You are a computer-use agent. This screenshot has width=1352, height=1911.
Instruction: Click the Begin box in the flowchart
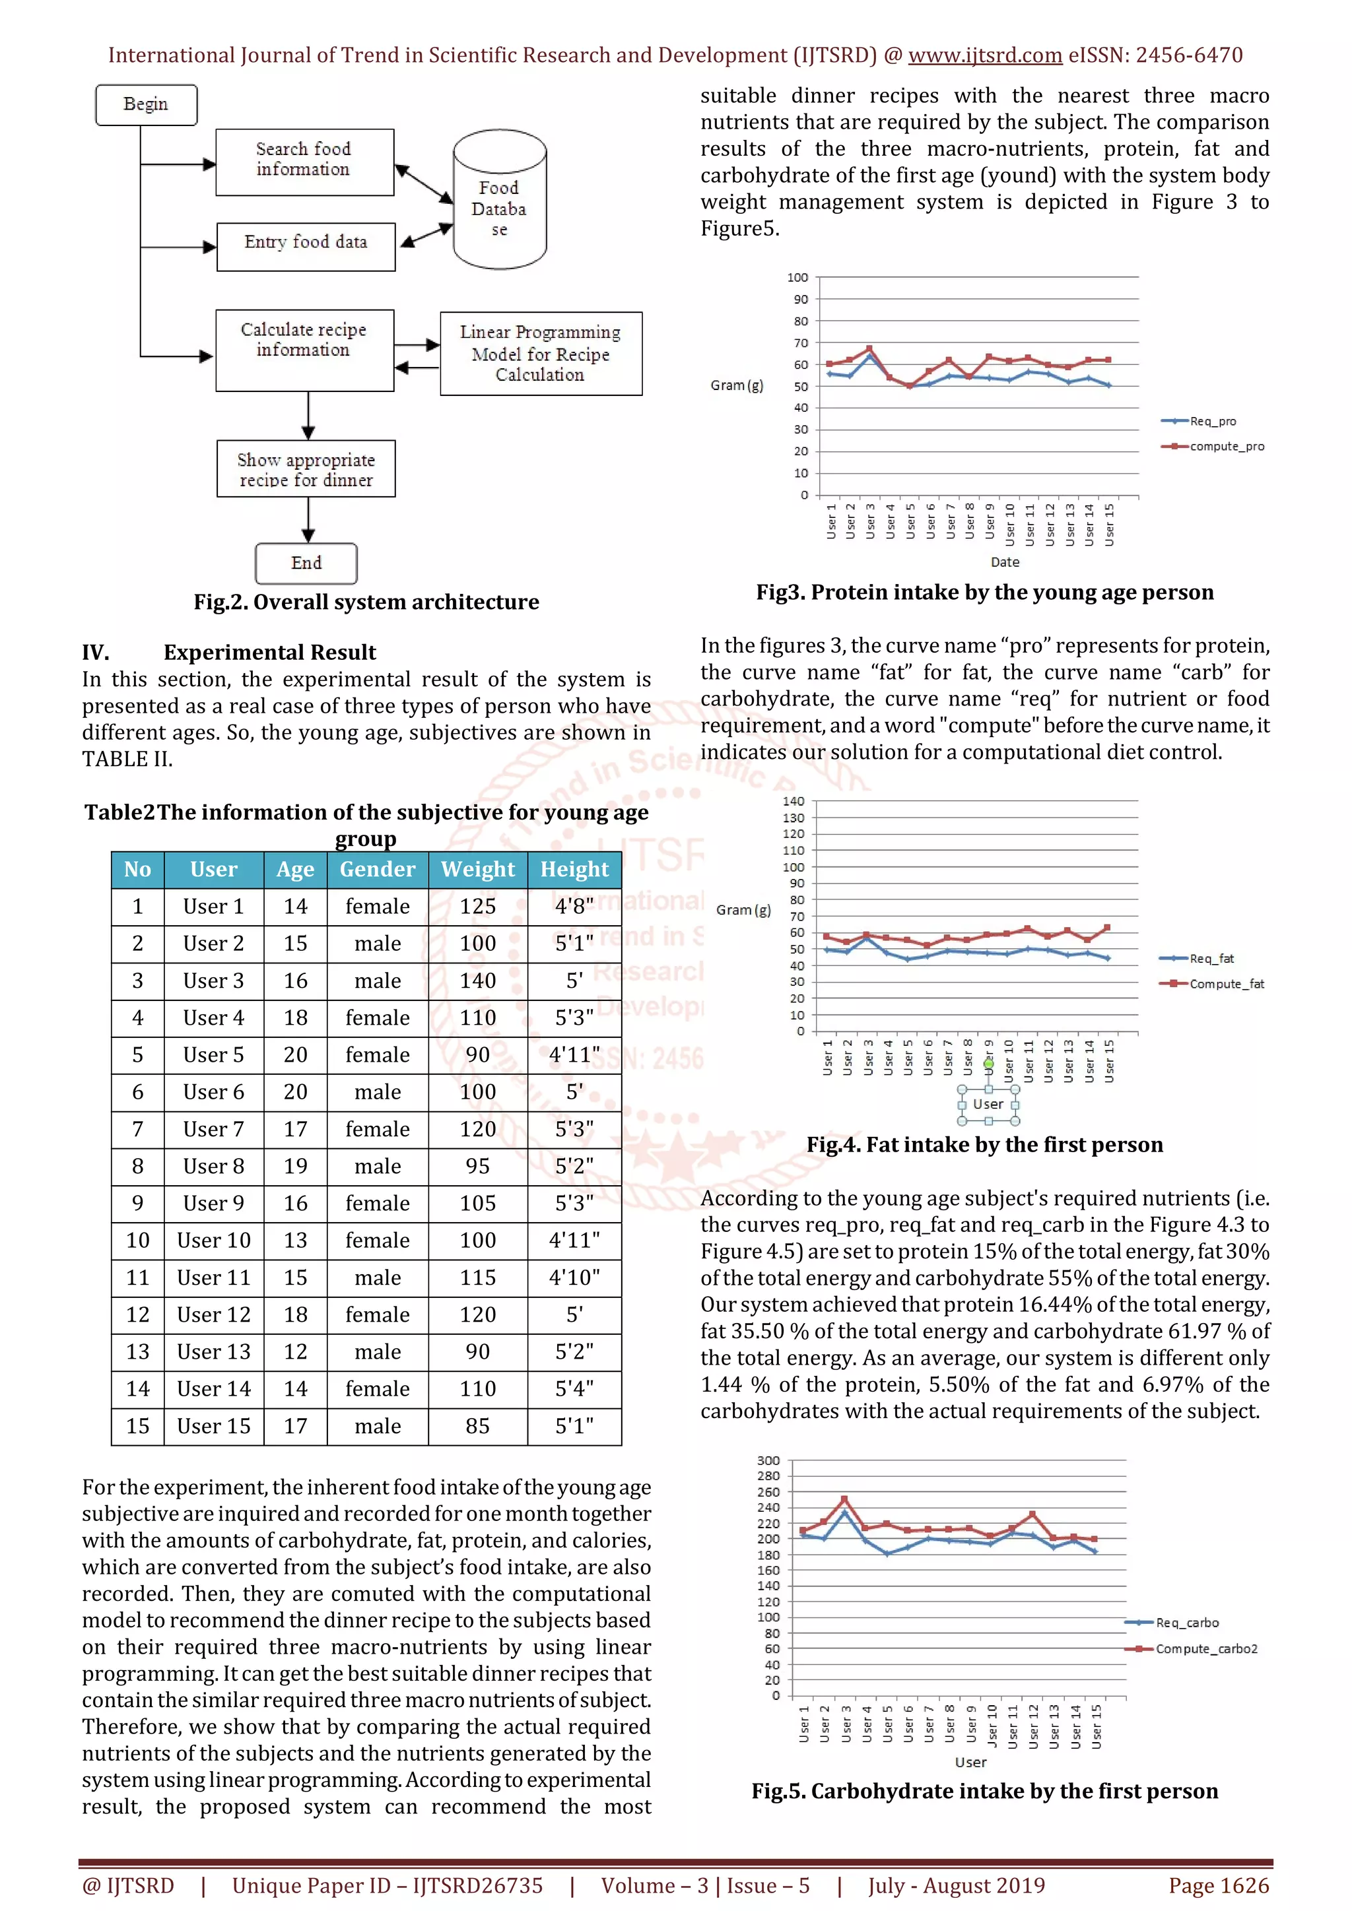coord(147,105)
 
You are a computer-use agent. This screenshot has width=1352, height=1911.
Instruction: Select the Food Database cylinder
coord(500,200)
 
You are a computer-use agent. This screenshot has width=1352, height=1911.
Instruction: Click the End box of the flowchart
coord(306,564)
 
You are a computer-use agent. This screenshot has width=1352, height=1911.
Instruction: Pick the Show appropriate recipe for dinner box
coord(306,469)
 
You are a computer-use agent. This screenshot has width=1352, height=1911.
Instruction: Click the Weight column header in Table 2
coord(478,870)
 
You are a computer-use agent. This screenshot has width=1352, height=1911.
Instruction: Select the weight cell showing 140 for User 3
coord(478,981)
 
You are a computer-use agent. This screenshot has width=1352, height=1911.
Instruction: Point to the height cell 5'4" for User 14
coord(574,1389)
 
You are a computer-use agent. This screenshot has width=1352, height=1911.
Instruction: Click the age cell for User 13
coord(296,1351)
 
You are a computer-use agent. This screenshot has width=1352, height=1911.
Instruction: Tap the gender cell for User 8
coord(378,1166)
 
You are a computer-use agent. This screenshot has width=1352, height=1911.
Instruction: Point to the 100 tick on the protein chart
coord(797,277)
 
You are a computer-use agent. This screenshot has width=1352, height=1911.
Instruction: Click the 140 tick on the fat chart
coord(794,802)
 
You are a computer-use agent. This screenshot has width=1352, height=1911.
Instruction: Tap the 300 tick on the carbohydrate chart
coord(768,1461)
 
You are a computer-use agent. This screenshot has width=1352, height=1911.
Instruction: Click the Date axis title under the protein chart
coord(1005,562)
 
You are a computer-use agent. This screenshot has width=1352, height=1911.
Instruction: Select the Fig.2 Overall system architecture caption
coord(366,602)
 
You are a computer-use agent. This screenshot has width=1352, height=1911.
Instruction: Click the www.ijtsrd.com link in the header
coord(985,56)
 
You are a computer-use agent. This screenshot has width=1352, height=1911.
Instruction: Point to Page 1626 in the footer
coord(1219,1885)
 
